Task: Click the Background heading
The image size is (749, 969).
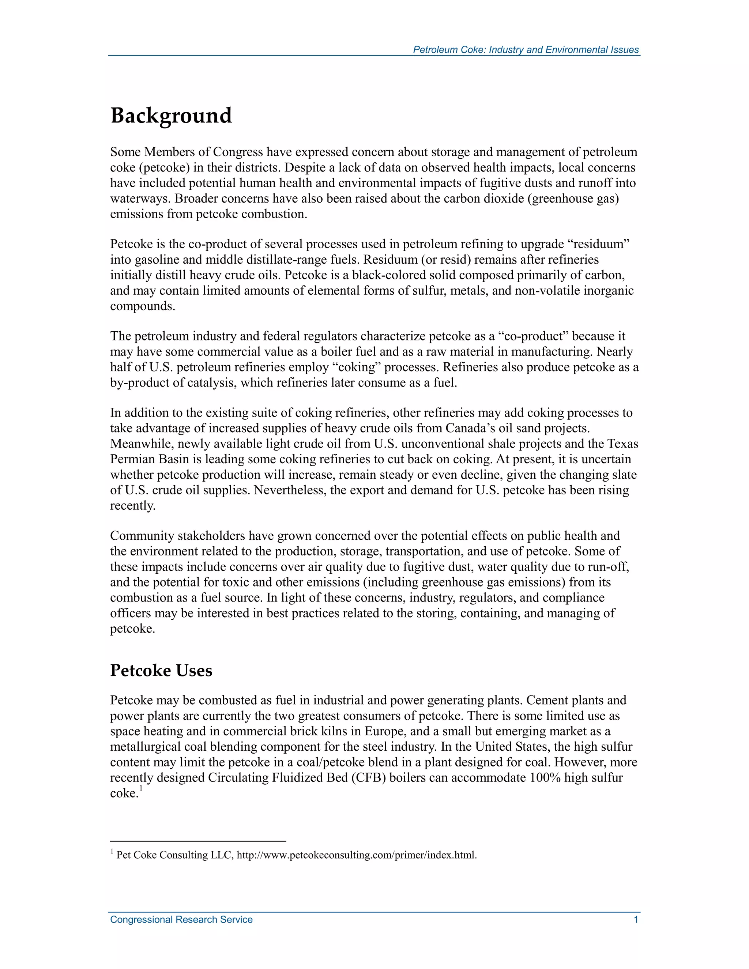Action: coord(171,116)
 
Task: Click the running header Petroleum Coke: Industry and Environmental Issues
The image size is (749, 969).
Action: coord(526,50)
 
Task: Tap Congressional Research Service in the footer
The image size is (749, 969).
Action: coord(181,919)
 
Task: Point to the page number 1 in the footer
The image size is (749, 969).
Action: coord(636,919)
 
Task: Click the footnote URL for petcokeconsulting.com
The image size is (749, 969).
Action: coord(356,855)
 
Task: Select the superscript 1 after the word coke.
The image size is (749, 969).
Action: coord(141,788)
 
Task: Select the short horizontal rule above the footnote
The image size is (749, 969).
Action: coord(198,841)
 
